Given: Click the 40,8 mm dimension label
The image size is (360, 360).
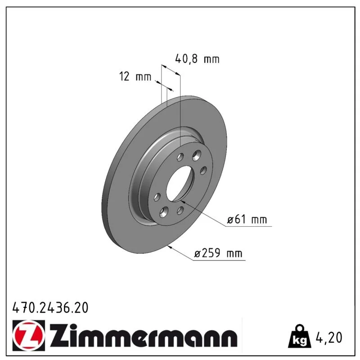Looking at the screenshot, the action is pos(197,59).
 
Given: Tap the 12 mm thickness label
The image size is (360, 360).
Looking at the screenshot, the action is pos(135,76).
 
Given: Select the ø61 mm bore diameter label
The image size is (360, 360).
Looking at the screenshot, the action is pos(247,220).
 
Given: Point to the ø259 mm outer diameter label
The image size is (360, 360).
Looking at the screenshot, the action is pos(218,253).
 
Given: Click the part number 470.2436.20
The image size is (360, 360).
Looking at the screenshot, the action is pos(50,308).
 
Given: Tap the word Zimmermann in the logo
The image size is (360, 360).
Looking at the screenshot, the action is pos(144,336).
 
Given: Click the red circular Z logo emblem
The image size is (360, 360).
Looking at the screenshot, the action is pos(29,335).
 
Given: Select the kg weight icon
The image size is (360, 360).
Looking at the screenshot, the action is pos(300,336).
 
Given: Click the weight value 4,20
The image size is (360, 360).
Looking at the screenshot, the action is pos(329,337).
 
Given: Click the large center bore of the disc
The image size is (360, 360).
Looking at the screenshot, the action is pos(180,184).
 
